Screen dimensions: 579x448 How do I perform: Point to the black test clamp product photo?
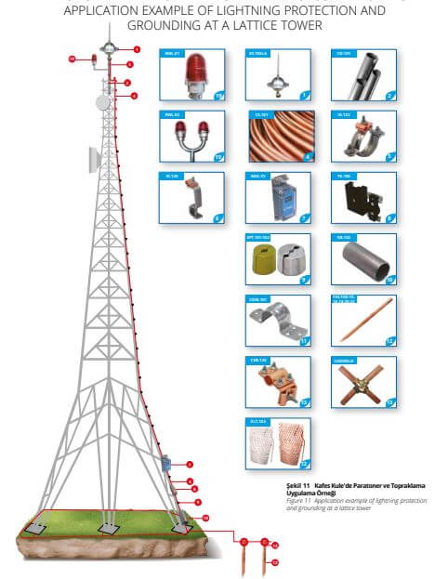click(362, 197)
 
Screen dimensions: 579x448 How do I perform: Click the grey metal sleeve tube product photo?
click(362, 261)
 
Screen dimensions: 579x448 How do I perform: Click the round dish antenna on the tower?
click(104, 100)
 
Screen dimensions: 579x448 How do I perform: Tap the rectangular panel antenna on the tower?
click(94, 160)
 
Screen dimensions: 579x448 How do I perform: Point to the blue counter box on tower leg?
click(165, 461)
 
